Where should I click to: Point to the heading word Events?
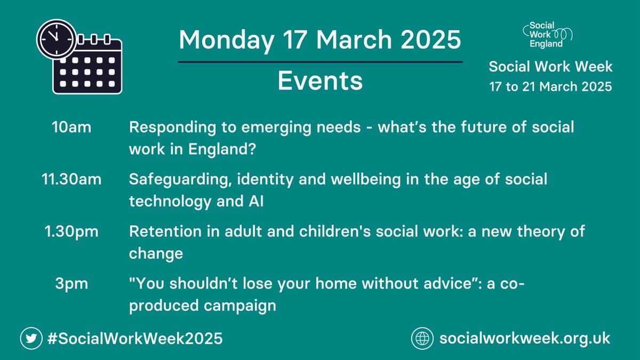coord(320,82)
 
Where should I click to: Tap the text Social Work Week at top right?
coord(551,67)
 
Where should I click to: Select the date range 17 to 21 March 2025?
coord(551,86)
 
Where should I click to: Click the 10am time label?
coord(72,128)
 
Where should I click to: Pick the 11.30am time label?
coord(72,180)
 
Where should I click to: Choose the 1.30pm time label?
coord(72,232)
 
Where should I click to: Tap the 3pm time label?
coord(72,284)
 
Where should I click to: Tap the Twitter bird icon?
coord(31,338)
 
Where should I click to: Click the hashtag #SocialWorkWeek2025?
coord(134,338)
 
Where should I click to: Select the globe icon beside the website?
coord(422,338)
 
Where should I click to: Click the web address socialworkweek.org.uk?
coord(525,338)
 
